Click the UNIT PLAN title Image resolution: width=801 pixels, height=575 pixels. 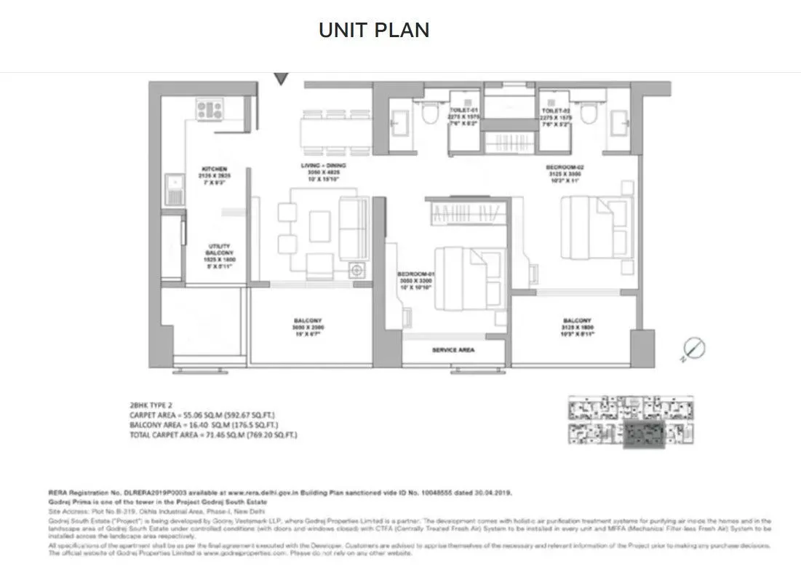click(374, 30)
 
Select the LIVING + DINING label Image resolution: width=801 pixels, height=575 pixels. click(321, 166)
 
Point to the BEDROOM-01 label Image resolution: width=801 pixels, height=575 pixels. click(415, 274)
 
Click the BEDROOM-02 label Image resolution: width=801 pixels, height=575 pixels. click(565, 167)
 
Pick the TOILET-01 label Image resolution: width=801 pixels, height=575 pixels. click(464, 109)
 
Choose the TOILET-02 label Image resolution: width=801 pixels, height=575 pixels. click(557, 109)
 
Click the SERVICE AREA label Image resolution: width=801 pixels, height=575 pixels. click(453, 350)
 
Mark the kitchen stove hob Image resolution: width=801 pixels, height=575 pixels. click(210, 110)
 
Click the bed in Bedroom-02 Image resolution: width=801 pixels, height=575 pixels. click(594, 226)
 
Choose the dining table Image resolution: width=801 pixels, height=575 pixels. click(335, 132)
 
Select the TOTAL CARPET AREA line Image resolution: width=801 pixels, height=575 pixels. click(213, 435)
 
